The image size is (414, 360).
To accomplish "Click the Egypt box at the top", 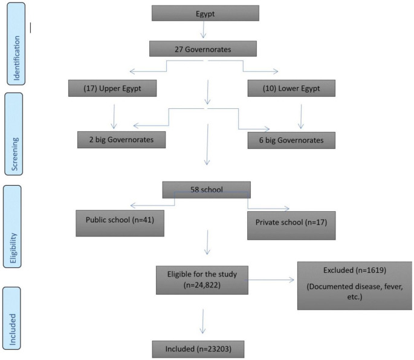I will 206,13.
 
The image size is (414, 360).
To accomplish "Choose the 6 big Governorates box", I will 291,140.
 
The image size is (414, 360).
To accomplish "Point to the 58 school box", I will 207,189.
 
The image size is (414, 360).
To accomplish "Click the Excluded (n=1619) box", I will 354,285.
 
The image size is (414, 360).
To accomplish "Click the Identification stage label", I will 16,42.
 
